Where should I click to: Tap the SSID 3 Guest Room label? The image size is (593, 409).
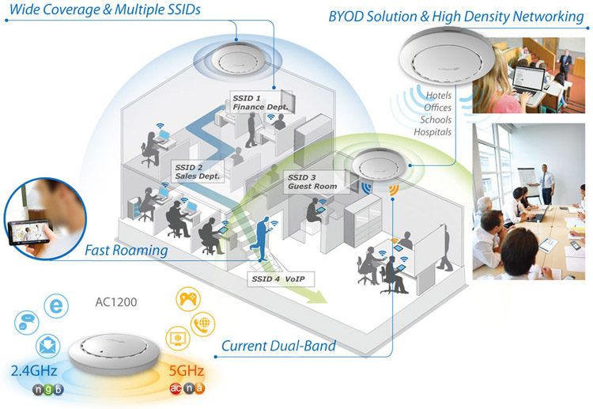313,182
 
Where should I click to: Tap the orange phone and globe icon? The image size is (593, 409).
202,324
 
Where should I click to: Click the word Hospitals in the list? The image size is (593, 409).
431,132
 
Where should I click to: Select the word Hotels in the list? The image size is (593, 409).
438,96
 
